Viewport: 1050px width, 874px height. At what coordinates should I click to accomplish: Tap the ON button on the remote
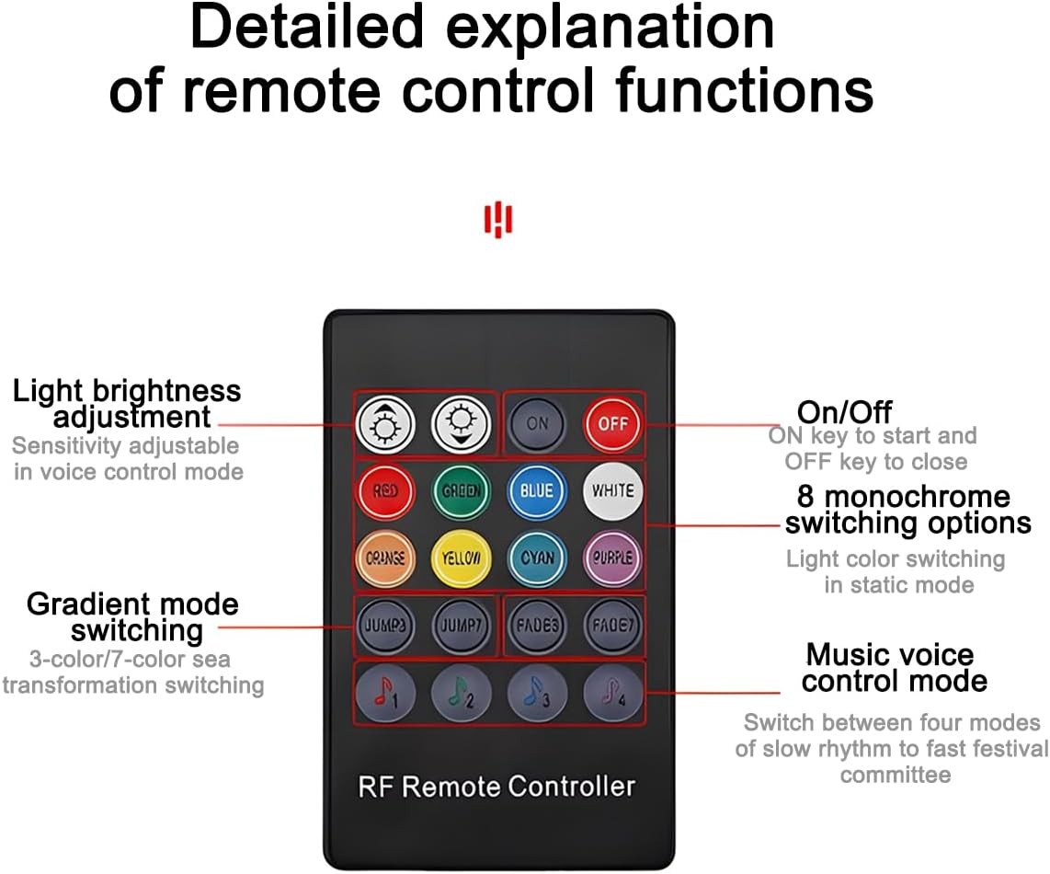[537, 423]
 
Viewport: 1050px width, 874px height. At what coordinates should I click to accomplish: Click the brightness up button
[385, 424]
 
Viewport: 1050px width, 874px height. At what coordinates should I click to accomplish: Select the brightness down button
[462, 424]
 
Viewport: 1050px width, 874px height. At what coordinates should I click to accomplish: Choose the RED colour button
[385, 491]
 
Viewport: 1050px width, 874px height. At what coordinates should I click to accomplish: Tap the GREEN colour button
[462, 491]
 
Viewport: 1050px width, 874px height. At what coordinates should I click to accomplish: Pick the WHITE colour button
[613, 491]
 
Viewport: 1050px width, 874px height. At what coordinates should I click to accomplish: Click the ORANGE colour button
[385, 558]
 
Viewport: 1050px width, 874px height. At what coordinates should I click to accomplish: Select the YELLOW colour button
[462, 558]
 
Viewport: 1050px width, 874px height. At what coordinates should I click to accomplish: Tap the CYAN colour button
[537, 558]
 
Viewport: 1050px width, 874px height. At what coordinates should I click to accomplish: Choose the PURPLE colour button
[613, 558]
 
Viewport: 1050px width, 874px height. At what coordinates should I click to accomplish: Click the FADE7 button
[613, 626]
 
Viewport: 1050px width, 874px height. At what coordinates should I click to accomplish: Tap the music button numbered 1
[385, 694]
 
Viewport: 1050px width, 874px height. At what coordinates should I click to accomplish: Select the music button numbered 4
[613, 694]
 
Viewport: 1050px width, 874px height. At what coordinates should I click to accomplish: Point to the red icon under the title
[497, 221]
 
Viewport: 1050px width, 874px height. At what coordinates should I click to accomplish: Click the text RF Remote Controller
[496, 787]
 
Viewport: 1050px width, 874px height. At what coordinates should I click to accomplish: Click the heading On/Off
[844, 411]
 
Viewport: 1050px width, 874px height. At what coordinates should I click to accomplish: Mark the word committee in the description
[895, 775]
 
